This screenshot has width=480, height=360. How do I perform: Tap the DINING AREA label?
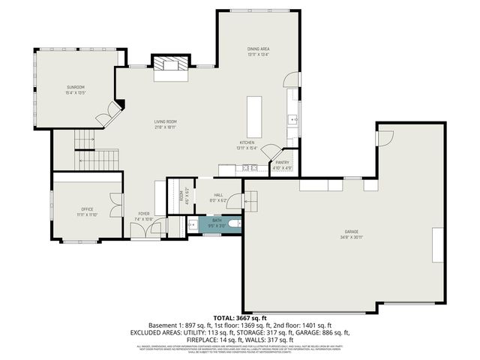(259, 49)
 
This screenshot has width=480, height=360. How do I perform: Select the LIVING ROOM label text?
(165, 121)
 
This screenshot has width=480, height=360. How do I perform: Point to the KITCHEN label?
(247, 142)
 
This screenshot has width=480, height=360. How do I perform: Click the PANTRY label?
(282, 162)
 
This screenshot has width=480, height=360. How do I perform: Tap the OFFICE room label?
(87, 208)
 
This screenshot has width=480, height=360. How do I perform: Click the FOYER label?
(143, 214)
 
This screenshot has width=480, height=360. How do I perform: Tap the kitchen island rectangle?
(255, 112)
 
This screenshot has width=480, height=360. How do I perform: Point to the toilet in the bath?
(234, 223)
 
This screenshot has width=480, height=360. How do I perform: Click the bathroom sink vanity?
(192, 224)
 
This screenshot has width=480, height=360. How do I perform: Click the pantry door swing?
(271, 151)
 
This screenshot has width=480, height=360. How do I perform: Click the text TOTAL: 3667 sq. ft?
(240, 318)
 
